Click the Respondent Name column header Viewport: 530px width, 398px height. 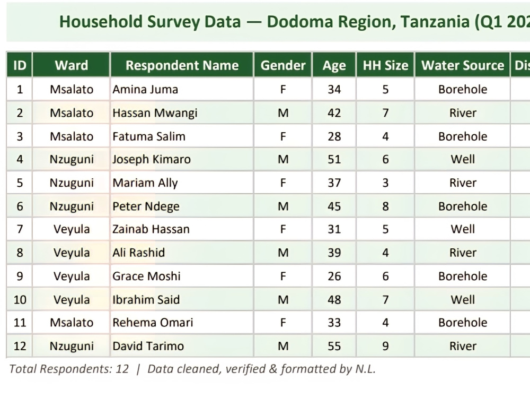pos(182,65)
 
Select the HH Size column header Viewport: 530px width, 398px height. pos(385,65)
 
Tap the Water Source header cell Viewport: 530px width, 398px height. pos(462,65)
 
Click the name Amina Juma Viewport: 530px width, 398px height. pos(145,89)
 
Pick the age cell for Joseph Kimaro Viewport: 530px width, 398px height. pos(334,159)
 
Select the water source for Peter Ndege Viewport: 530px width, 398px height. pos(462,206)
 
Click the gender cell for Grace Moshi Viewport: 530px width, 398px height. pos(283,276)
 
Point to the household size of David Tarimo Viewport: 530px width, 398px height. pos(385,346)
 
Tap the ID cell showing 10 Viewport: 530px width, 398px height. pos(20,299)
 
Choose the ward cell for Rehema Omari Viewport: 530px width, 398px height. pos(72,323)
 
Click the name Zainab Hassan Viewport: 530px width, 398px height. pos(151,229)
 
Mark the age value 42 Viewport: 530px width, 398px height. pos(334,113)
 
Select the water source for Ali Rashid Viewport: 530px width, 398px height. pos(462,253)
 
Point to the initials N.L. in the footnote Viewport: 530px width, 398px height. pos(365,369)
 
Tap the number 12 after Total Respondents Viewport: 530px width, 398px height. pos(122,369)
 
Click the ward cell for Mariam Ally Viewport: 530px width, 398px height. pos(72,183)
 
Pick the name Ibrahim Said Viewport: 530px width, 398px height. pos(146,299)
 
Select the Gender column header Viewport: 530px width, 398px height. pos(283,65)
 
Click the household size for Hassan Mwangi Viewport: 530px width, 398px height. pos(385,113)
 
